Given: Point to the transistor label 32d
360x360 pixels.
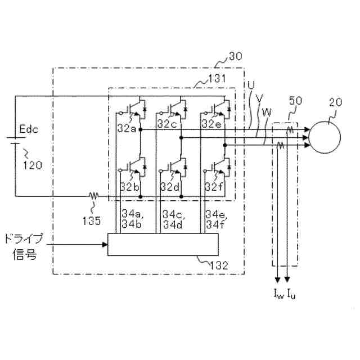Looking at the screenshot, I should tap(169, 187).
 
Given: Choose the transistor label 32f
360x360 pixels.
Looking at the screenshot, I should tap(214, 187).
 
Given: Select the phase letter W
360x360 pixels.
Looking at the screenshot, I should tap(266, 111).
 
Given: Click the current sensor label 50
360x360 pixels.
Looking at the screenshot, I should tap(294, 101).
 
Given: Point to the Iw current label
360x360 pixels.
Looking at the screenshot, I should tap(278, 294).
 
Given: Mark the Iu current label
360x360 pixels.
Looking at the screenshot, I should tap(291, 294).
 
